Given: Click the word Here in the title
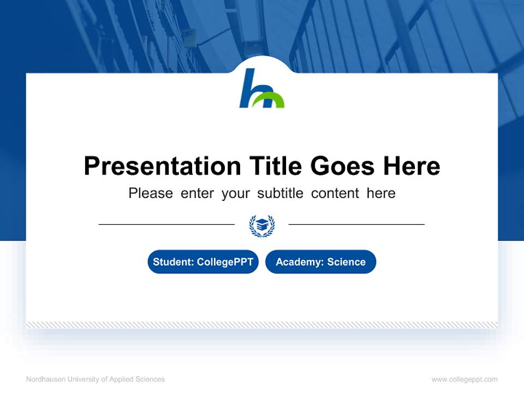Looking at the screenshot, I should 411,166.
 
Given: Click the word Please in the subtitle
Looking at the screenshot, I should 151,193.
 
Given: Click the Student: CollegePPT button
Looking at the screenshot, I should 203,262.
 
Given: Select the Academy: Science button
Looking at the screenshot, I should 320,262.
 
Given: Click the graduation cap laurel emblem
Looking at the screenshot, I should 262,225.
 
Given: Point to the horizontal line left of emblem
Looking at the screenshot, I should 166,224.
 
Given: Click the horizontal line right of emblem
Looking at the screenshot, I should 356,224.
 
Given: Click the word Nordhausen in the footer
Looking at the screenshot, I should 45,379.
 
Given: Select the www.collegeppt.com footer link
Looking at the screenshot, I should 465,379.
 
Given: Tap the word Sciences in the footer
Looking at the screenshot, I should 151,379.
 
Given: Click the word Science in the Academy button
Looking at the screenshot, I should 346,262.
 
